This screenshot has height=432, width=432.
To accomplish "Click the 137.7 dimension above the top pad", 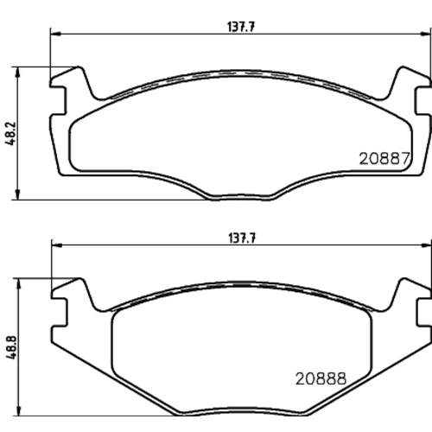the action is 241,27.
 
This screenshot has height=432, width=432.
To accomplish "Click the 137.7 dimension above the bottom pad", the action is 242,238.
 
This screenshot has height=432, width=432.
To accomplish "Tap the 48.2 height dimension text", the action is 12,133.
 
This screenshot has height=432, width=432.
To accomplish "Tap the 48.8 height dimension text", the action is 12,347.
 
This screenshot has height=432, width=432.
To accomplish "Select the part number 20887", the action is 384,158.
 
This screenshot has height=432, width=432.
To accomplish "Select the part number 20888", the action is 321,378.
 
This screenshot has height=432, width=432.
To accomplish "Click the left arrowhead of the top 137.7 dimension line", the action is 56,34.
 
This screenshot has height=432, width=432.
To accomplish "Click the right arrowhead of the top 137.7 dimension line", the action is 426,34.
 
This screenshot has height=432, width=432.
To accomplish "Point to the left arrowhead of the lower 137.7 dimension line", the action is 57,245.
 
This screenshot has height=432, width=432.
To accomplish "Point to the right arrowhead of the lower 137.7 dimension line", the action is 426,245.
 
